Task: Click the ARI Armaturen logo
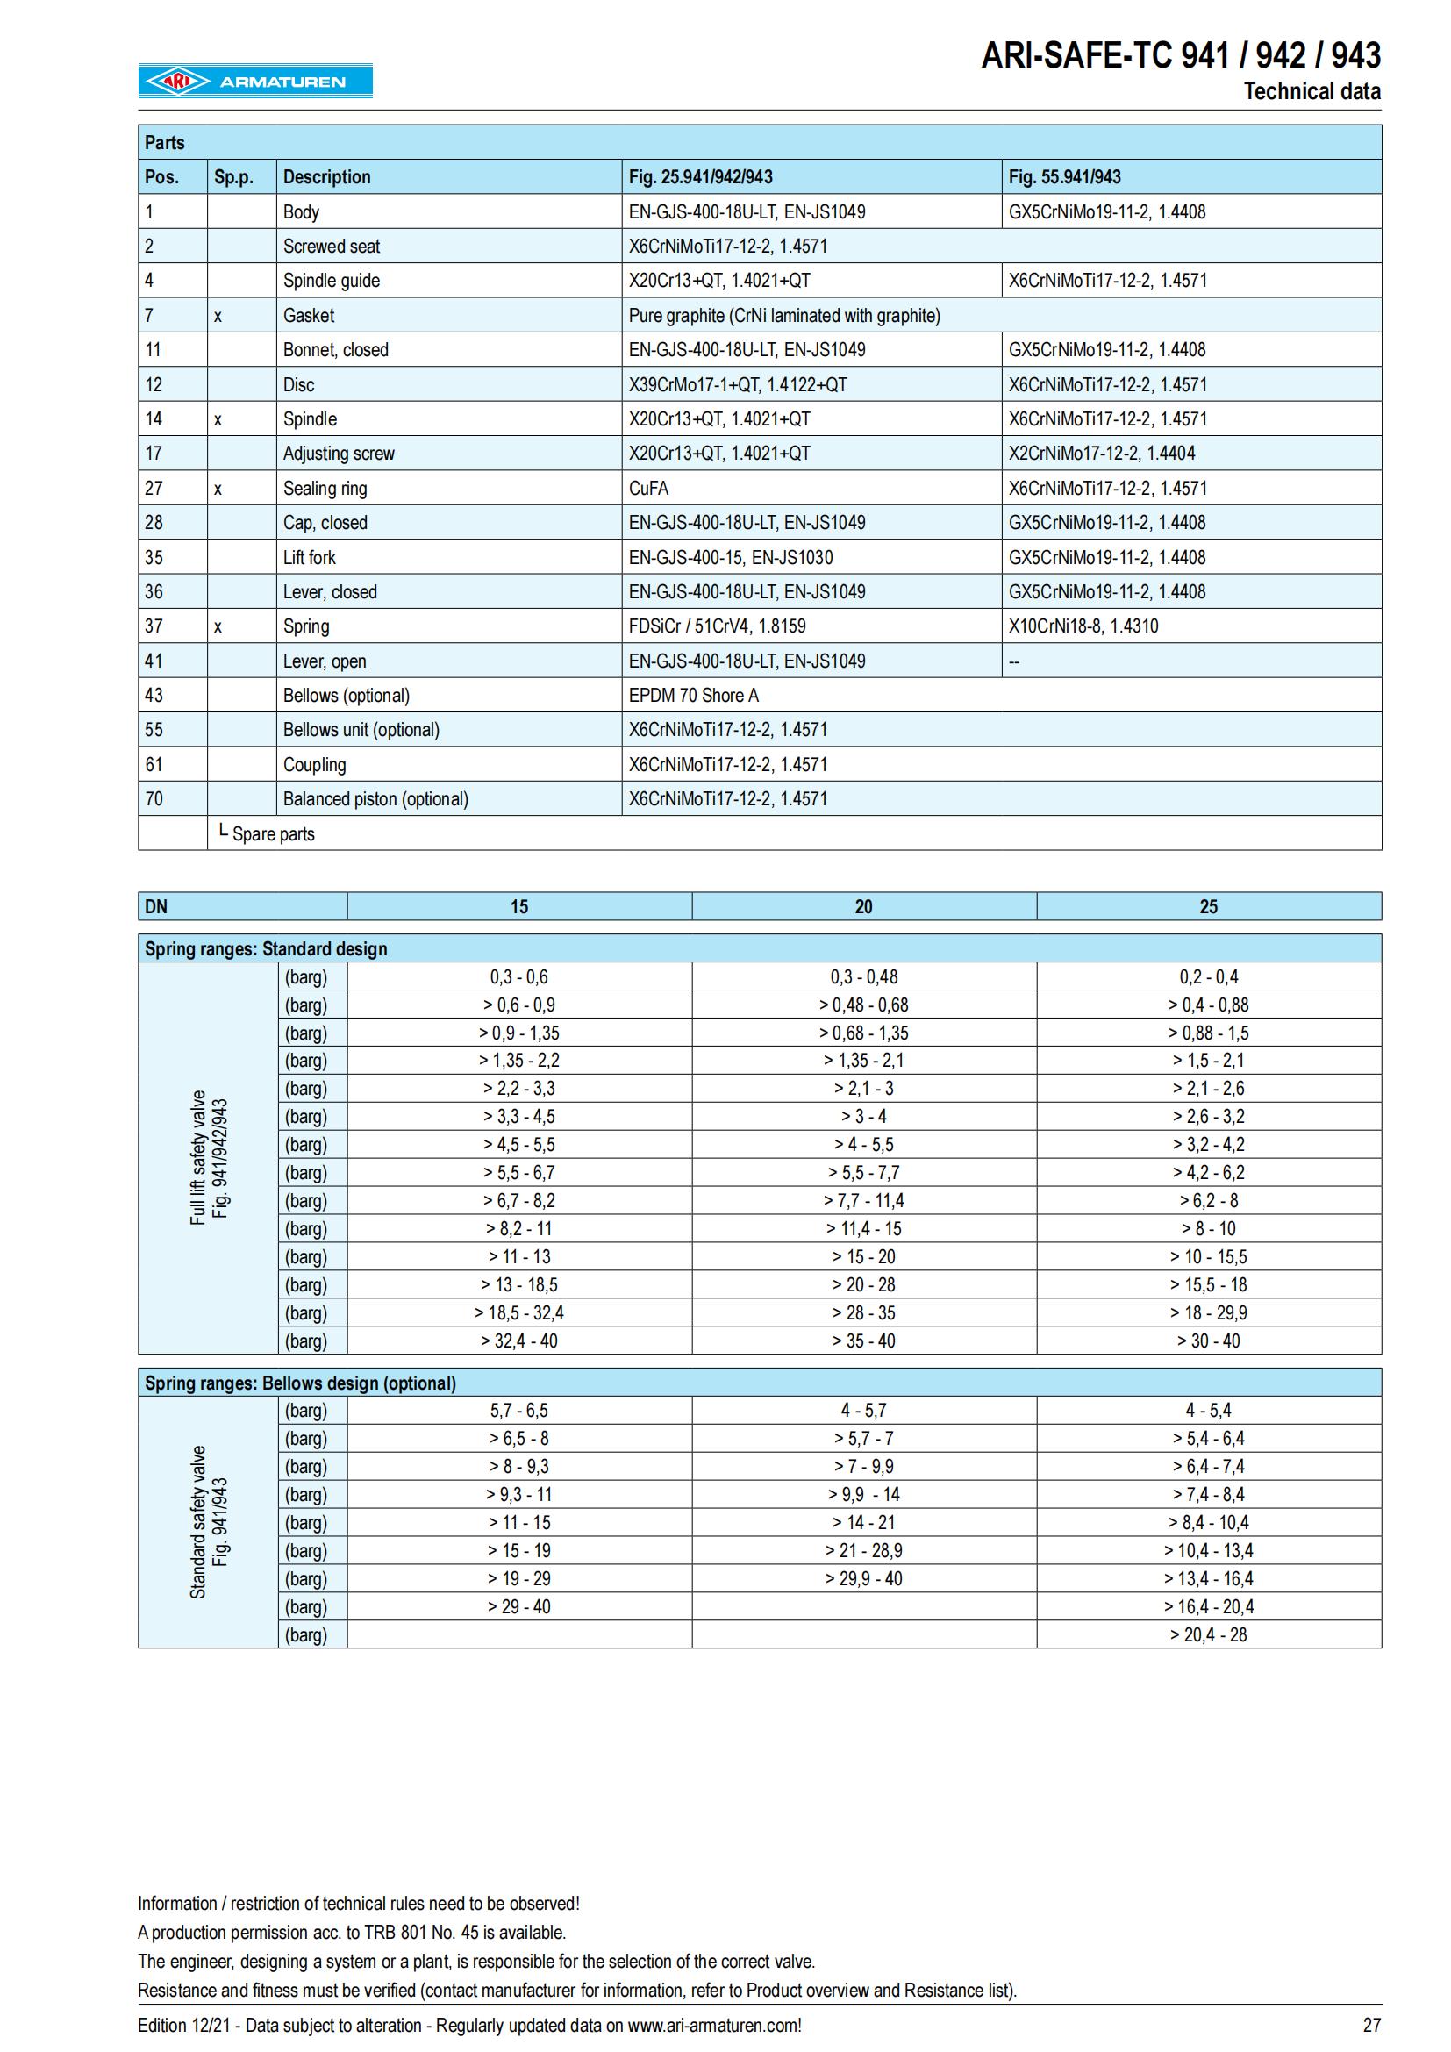(254, 81)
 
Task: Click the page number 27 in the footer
(1371, 2025)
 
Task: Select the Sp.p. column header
(233, 177)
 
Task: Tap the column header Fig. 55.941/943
(1064, 177)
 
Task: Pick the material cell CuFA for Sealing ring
(648, 488)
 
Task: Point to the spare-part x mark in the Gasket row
(218, 316)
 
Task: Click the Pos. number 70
(154, 799)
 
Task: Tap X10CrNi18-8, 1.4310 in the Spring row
(1083, 626)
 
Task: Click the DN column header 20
(863, 906)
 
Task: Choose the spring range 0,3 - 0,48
(863, 976)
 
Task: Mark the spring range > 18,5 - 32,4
(519, 1313)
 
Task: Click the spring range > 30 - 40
(1208, 1341)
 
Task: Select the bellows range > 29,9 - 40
(863, 1578)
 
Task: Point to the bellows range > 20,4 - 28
(1208, 1634)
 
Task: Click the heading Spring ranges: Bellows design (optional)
(300, 1383)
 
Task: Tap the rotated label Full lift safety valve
(198, 1157)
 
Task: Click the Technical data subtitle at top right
(1312, 91)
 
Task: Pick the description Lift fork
(309, 558)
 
